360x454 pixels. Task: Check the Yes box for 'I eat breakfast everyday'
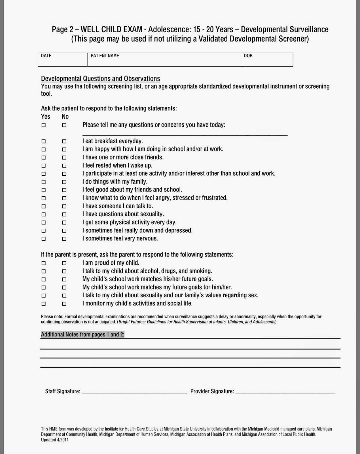click(x=44, y=141)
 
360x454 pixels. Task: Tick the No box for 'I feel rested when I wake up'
click(x=64, y=166)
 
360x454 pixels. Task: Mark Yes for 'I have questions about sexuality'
click(x=44, y=215)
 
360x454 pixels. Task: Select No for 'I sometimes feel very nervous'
click(x=64, y=239)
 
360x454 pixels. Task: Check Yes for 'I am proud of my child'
click(x=44, y=263)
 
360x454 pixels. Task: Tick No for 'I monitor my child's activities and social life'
click(x=64, y=304)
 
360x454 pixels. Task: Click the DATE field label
click(x=46, y=56)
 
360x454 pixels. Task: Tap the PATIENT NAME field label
click(x=105, y=56)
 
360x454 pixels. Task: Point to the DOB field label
click(x=248, y=56)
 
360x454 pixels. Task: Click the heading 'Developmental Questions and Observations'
click(x=101, y=79)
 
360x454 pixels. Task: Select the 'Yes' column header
click(x=46, y=117)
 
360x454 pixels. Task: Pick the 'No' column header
click(x=65, y=117)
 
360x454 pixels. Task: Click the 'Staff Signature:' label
click(x=63, y=392)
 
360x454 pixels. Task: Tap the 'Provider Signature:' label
click(x=212, y=392)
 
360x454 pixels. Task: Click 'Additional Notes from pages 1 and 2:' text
click(x=83, y=335)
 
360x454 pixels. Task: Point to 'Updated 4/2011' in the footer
click(x=55, y=440)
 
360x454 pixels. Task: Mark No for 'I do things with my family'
click(x=64, y=182)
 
